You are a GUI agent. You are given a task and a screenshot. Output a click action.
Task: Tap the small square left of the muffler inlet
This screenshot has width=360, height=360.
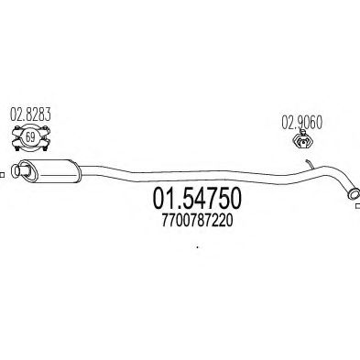pyautogui.click(x=3, y=169)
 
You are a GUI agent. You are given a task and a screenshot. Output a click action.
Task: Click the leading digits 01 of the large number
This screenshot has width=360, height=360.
pyautogui.click(x=151, y=201)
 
